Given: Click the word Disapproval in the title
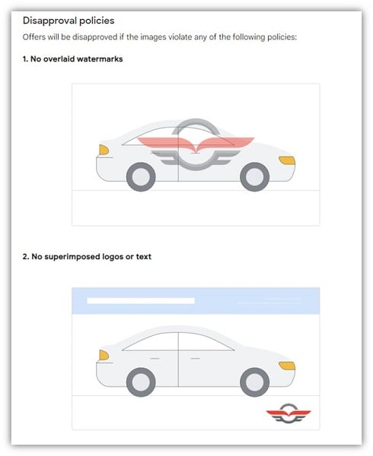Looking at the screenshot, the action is [49, 21].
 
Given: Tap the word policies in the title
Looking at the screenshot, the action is [97, 21].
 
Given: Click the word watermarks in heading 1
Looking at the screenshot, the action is [100, 59].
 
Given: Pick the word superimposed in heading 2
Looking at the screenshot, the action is [72, 257].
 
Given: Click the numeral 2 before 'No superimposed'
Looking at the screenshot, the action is [25, 257].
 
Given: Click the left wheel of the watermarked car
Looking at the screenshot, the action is [141, 177].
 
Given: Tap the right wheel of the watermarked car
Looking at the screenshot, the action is [255, 177].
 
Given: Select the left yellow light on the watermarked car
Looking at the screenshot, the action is [104, 150].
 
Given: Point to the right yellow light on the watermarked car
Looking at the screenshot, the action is [287, 160].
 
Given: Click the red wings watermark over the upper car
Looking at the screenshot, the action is [196, 144].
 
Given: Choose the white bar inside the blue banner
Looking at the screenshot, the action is [141, 301].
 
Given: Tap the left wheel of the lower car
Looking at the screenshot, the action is [141, 382].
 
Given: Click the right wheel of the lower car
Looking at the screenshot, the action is [255, 382].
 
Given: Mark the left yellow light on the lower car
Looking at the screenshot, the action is [104, 355].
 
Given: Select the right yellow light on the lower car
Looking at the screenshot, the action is [287, 366].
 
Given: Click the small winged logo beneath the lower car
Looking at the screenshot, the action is [289, 413].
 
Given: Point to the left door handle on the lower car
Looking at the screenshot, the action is [155, 358].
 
